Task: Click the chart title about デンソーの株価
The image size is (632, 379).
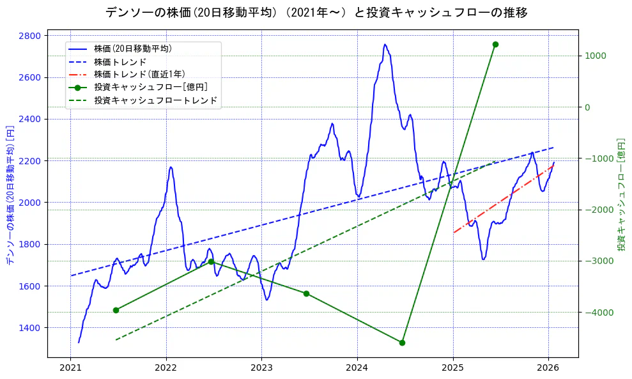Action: pyautogui.click(x=316, y=12)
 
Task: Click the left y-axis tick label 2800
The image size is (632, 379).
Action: pyautogui.click(x=30, y=35)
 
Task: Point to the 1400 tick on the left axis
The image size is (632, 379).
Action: pyautogui.click(x=30, y=328)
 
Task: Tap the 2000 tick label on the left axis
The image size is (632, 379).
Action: pyautogui.click(x=30, y=203)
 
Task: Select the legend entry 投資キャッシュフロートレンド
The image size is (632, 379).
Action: pyautogui.click(x=155, y=100)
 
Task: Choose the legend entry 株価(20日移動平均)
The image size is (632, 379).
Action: pyautogui.click(x=133, y=48)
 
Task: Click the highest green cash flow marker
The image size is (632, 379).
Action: pyautogui.click(x=495, y=44)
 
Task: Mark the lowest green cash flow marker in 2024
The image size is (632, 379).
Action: pyautogui.click(x=402, y=343)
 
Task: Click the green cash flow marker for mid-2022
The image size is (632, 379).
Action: pyautogui.click(x=211, y=261)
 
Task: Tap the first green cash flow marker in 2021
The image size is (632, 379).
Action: pyautogui.click(x=116, y=310)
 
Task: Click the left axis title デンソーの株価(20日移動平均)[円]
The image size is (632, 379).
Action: pyautogui.click(x=10, y=195)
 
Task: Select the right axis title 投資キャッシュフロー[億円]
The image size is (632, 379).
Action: pyautogui.click(x=620, y=195)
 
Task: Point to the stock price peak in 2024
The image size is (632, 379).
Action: pyautogui.click(x=385, y=44)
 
